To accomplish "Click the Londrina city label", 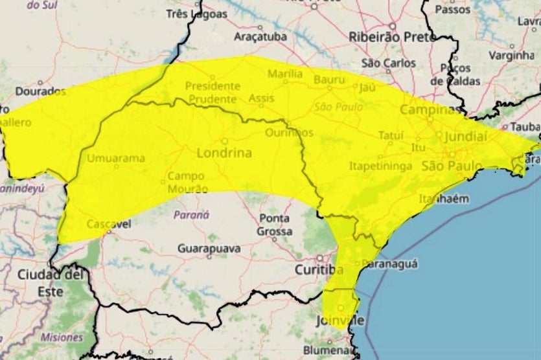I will coord(224,154).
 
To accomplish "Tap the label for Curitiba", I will coord(319,269).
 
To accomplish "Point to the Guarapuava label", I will coord(209,249).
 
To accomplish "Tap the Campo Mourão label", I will coord(188,183).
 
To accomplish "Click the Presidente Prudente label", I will coord(212,92).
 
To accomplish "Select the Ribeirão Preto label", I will coord(384,37).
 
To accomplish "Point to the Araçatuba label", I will coord(260,36).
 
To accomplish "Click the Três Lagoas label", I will coord(197,13).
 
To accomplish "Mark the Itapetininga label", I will coord(381,166).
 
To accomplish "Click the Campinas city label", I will coord(428,109).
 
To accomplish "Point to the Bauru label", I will coord(330,80).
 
